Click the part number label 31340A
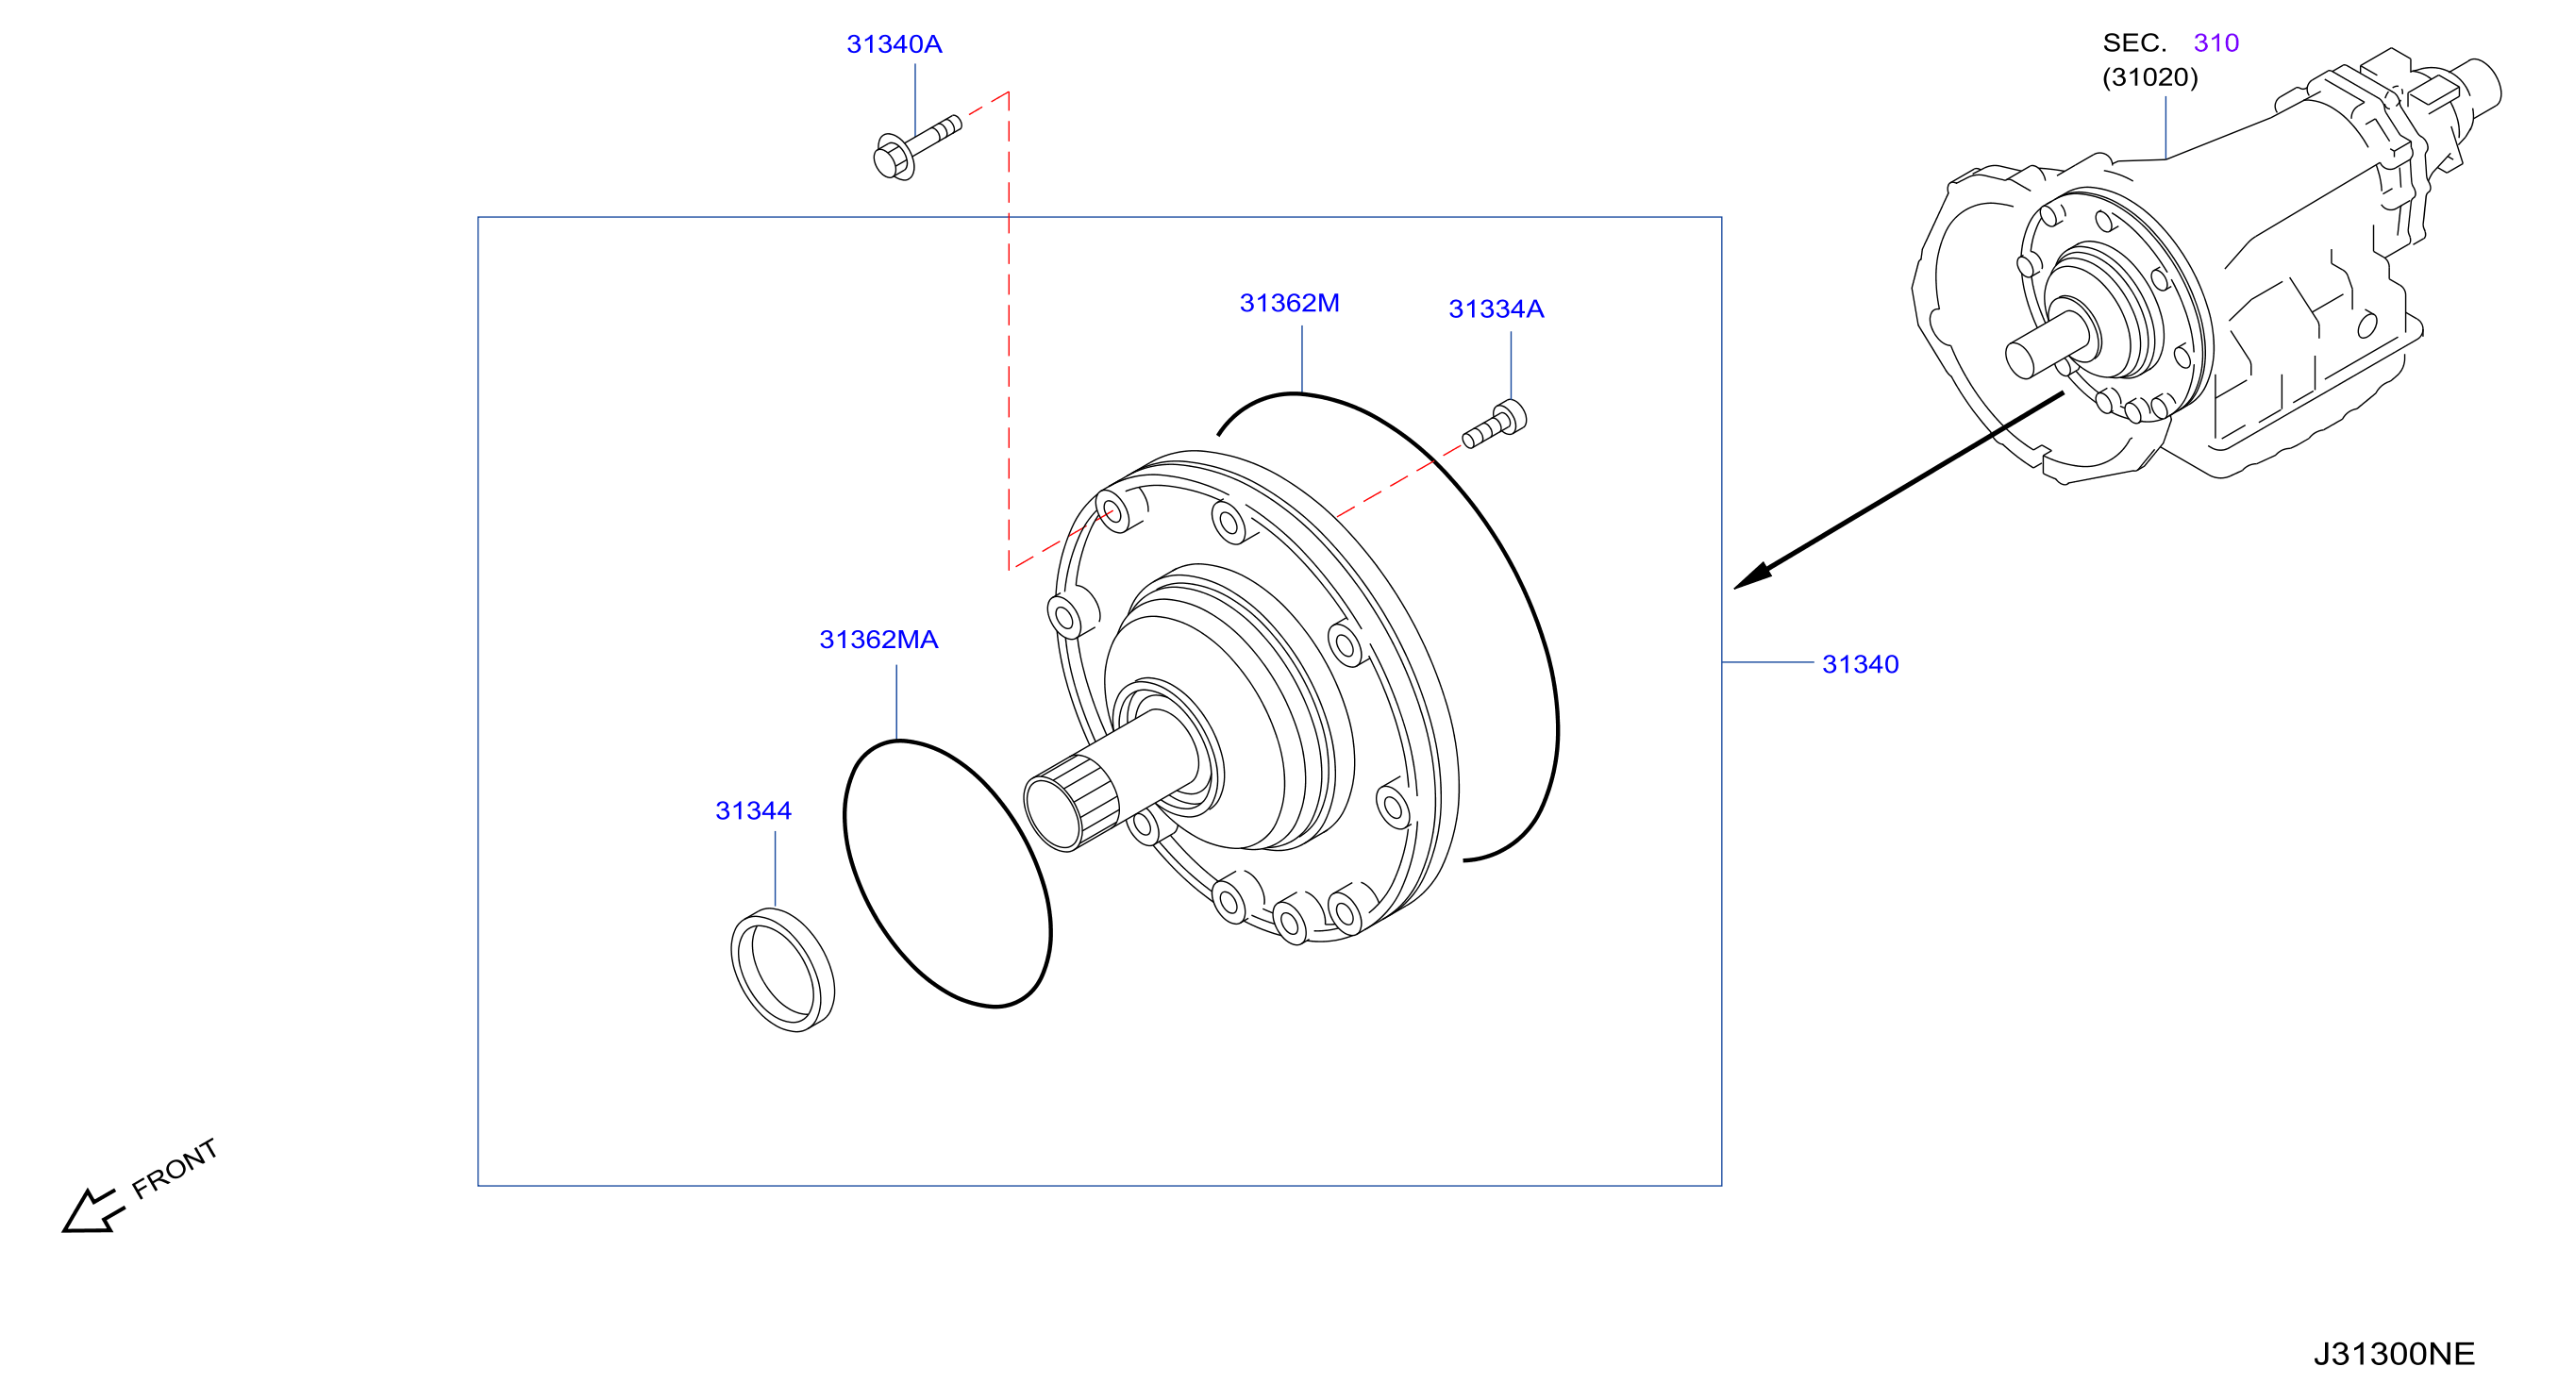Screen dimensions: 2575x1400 click(894, 45)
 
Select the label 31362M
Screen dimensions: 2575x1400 click(1290, 304)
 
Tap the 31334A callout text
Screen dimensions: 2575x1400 click(1496, 309)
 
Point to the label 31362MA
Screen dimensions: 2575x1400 click(878, 641)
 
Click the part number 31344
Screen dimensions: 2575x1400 click(753, 811)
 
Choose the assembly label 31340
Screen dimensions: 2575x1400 click(1861, 664)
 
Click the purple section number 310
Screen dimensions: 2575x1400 click(2216, 43)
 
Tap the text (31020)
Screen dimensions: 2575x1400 click(2150, 78)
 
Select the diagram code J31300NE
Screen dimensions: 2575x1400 click(2394, 1354)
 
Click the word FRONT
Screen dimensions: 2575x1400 click(175, 1168)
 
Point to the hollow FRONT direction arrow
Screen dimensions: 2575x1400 click(93, 1211)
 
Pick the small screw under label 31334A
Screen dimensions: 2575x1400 click(1495, 424)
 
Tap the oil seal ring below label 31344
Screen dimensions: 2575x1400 click(783, 969)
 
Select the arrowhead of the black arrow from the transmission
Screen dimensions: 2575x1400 click(1752, 576)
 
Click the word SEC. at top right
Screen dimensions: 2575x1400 click(2134, 43)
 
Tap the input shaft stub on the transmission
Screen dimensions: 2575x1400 click(2046, 343)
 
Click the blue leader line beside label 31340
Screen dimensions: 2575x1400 click(1767, 662)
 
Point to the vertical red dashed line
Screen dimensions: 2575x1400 click(1009, 331)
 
